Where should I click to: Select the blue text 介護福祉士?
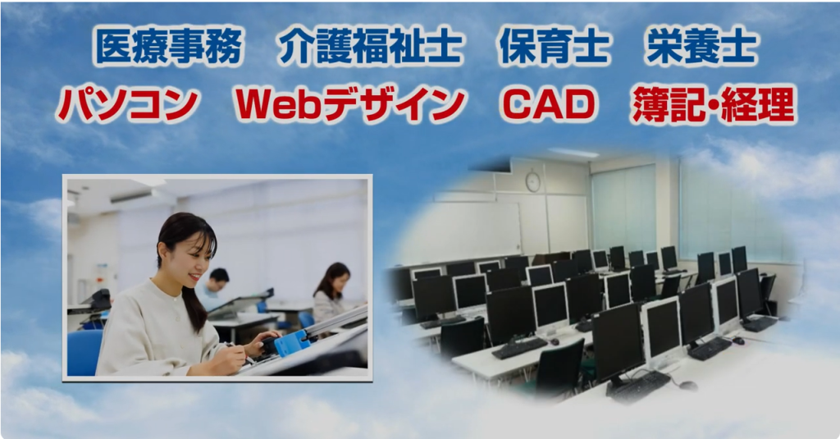[370, 46]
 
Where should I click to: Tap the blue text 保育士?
[554, 46]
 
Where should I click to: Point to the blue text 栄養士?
[702, 46]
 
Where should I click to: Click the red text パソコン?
[127, 104]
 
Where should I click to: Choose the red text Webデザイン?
[350, 104]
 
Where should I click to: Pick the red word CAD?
[548, 104]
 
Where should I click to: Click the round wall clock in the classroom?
[532, 181]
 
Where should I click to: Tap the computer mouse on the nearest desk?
[687, 386]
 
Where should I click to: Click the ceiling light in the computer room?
[573, 153]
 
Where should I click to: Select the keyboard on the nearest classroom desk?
[638, 386]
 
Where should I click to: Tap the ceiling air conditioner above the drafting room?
[132, 197]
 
